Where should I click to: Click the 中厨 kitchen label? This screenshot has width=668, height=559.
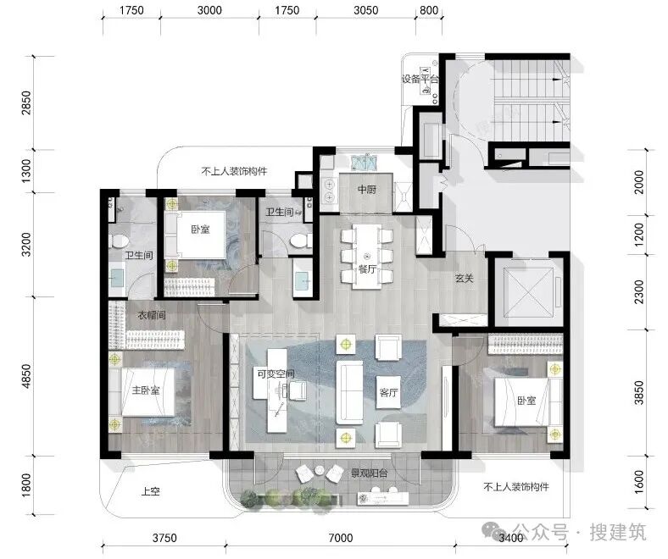[x=366, y=189]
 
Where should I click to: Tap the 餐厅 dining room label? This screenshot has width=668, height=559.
[x=367, y=269]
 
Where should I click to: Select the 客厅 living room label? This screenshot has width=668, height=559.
[x=388, y=392]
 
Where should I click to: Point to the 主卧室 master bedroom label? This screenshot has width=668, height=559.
[x=146, y=390]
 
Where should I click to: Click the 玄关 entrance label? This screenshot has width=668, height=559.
[x=465, y=279]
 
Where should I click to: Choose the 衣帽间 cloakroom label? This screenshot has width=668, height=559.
[x=151, y=315]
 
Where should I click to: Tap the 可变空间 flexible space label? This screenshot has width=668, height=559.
[x=276, y=374]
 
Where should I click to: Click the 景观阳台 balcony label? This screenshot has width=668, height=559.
[x=370, y=473]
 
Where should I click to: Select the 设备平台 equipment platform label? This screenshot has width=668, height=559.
[x=420, y=79]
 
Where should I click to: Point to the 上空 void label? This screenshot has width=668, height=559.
[x=150, y=492]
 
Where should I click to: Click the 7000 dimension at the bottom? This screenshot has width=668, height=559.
[x=341, y=538]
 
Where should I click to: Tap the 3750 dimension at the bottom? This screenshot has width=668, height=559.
[x=164, y=538]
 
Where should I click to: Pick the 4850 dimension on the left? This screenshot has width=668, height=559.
[x=26, y=376]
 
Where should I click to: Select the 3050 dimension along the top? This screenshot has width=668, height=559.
[x=366, y=10]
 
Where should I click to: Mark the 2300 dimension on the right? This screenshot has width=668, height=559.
[x=639, y=291]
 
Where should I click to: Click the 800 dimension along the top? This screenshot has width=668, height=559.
[x=429, y=10]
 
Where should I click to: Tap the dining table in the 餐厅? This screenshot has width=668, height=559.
[x=367, y=257]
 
